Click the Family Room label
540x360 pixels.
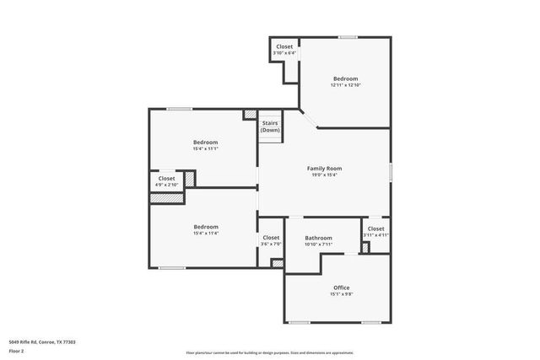coord(324,169)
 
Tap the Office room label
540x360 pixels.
coord(341,287)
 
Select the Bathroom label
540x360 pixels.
coord(318,238)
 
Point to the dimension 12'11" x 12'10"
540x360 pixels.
coord(345,85)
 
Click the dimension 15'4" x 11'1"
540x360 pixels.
coord(206,148)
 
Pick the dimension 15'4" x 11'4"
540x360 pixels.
coord(206,234)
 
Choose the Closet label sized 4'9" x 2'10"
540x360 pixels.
coord(166,179)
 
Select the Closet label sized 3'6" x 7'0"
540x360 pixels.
coord(271,238)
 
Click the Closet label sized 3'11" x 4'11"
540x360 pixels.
coord(375,228)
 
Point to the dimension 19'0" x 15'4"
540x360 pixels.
coord(324,175)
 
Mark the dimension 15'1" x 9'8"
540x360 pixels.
coord(341,294)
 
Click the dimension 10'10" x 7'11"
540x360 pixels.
coord(318,244)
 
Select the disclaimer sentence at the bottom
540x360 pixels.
coord(270,352)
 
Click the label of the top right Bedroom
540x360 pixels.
coord(345,78)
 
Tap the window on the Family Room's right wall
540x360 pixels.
coord(391,169)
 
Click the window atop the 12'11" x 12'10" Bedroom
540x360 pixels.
coord(347,36)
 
